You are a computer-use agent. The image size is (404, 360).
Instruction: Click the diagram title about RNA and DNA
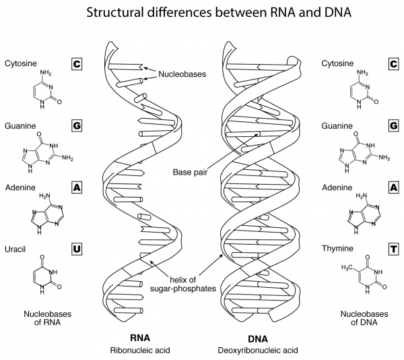coord(202,13)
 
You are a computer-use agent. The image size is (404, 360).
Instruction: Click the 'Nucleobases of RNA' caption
coord(48,318)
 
